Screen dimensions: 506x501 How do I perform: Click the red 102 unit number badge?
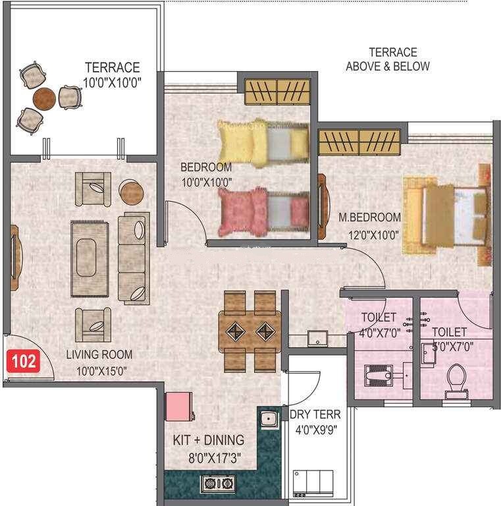coord(23,361)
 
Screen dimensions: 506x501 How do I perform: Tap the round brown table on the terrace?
coord(45,98)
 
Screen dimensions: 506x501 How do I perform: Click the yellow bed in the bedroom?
coord(262,140)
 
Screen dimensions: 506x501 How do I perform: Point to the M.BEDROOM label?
coord(369,217)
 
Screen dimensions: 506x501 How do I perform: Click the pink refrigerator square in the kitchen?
coord(177,407)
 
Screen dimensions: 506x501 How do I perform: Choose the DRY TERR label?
coord(315,415)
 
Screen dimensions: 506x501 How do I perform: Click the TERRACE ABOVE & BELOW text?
coord(388,59)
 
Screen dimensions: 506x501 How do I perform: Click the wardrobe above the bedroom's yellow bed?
coord(277,92)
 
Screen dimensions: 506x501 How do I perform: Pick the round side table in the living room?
coord(132,191)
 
